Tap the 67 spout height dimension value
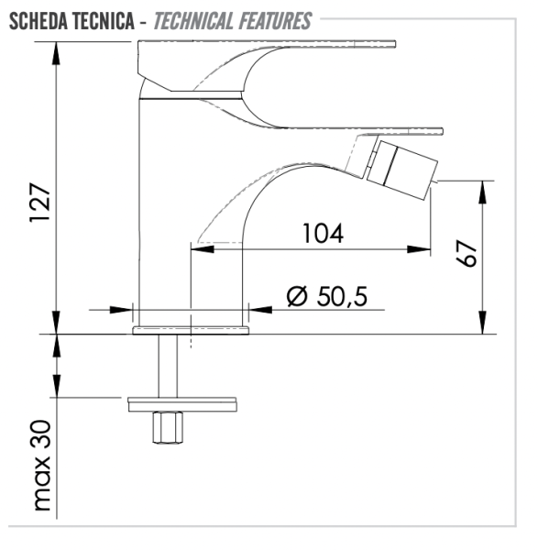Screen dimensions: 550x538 point(467,254)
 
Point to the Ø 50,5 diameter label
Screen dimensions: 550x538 point(326,296)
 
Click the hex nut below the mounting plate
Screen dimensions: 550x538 point(168,427)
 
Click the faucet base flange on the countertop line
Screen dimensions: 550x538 point(191,328)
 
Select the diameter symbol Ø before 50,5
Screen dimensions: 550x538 point(296,296)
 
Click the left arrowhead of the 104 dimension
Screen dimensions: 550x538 point(198,247)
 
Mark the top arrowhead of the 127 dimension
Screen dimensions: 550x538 point(57,48)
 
